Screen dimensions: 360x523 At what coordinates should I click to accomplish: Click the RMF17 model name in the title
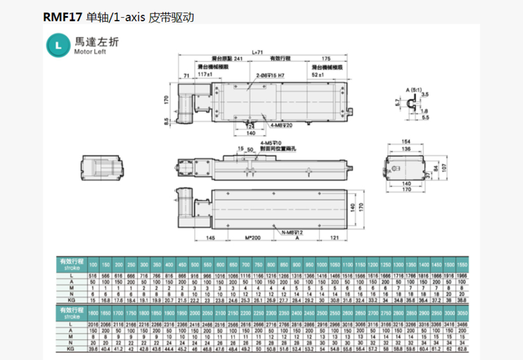point(59,17)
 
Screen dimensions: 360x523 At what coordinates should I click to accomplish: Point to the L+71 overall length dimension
point(260,52)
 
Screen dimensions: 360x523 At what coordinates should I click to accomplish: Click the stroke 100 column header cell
point(93,266)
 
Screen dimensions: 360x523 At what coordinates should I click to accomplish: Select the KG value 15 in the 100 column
point(93,300)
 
